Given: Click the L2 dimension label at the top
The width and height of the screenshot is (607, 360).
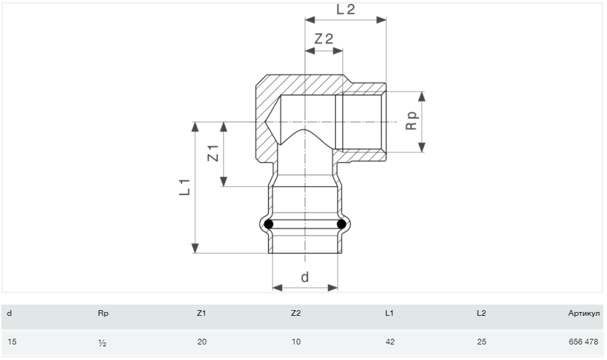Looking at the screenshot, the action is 346,9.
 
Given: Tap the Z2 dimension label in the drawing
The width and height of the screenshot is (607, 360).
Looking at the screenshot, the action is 323,39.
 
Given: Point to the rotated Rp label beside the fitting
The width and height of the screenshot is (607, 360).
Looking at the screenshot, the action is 411,121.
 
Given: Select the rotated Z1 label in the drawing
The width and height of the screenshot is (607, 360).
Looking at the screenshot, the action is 213,153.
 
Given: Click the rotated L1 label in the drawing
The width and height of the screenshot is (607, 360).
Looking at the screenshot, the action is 184,187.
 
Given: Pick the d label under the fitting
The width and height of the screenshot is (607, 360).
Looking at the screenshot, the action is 305,277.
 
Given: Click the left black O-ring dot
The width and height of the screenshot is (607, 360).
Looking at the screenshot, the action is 269,224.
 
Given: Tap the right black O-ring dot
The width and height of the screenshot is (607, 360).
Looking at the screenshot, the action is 342,224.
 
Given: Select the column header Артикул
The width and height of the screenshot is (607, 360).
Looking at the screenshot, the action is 584,313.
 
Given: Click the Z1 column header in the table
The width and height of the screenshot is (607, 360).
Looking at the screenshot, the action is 201,313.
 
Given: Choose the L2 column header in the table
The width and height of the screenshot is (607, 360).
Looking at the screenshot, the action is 481,313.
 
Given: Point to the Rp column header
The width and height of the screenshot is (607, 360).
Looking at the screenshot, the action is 103,313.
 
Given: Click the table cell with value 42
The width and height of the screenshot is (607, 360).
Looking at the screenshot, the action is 390,342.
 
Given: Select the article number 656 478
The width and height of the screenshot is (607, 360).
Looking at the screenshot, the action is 583,342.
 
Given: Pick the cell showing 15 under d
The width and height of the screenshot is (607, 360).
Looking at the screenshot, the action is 12,342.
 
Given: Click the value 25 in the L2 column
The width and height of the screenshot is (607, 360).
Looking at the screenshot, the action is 482,342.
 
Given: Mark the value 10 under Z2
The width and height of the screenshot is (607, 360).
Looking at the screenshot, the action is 296,342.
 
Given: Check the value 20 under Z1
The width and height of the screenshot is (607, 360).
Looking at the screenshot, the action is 202,342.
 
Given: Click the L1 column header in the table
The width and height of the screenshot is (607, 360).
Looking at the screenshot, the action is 390,313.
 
